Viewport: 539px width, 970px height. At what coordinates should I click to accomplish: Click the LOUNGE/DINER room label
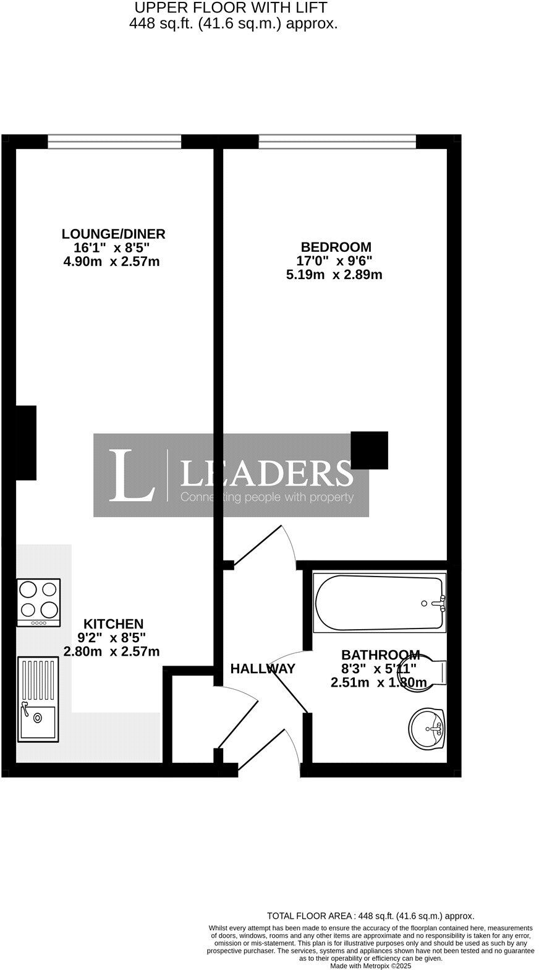113,234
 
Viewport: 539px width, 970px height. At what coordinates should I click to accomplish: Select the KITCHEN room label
113,624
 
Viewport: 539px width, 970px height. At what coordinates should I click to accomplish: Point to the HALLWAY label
263,669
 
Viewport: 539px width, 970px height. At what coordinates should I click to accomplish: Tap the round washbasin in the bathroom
427,728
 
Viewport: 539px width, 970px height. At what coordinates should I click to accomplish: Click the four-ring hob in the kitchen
38,602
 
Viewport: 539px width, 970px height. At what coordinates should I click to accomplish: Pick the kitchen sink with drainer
38,699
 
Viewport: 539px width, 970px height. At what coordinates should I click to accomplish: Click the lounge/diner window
114,142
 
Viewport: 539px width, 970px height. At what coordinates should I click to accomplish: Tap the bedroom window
337,142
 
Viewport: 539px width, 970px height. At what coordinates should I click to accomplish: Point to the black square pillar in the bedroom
370,450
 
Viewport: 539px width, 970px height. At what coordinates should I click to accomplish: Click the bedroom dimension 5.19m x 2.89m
334,275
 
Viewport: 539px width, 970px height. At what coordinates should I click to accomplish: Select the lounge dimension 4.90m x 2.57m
112,262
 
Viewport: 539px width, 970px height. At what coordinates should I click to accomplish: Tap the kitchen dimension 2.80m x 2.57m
112,651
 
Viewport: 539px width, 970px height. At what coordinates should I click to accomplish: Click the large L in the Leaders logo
131,475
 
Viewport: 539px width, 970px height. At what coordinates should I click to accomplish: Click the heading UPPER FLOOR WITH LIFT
231,8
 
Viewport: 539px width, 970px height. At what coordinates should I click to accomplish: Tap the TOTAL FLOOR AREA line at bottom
370,916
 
